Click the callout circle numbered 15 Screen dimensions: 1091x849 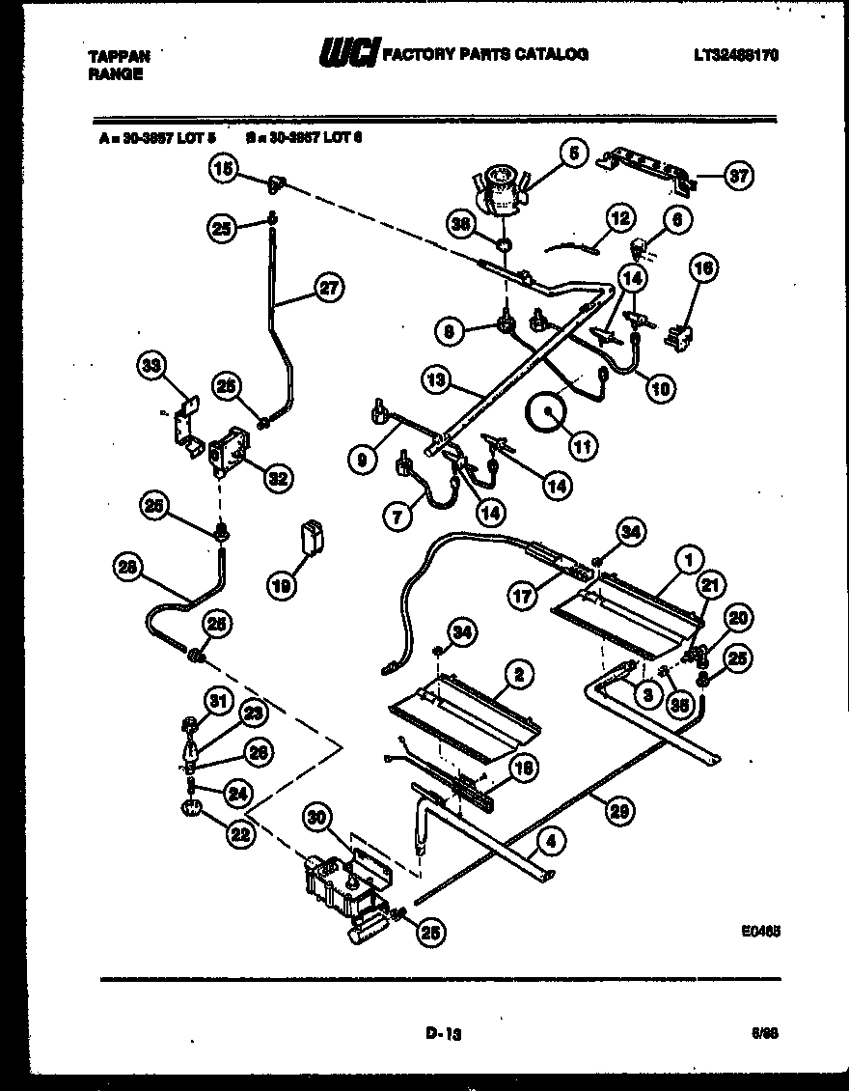pyautogui.click(x=223, y=170)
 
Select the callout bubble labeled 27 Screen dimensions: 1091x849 pyautogui.click(x=330, y=287)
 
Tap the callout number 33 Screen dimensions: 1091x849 pyautogui.click(x=150, y=365)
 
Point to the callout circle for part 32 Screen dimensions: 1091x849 pyautogui.click(x=276, y=477)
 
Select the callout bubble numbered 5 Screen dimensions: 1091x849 pyautogui.click(x=572, y=153)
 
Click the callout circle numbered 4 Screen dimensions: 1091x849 pyautogui.click(x=550, y=841)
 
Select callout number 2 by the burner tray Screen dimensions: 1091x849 pyautogui.click(x=519, y=675)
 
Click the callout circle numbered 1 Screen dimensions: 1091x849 pyautogui.click(x=688, y=558)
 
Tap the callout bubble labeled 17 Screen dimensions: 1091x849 pyautogui.click(x=523, y=598)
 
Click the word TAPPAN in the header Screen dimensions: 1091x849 pyautogui.click(x=119, y=56)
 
